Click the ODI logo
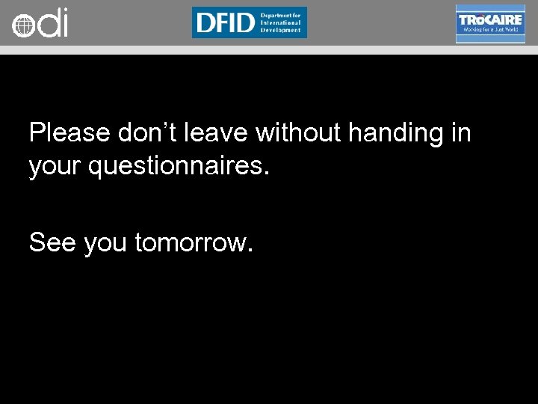tap(40, 24)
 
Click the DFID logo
tap(249, 22)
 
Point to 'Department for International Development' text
tap(280, 22)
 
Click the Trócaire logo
tap(490, 23)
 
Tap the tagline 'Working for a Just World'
tap(490, 30)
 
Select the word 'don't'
tap(147, 133)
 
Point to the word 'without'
tap(298, 133)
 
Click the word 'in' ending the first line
tap(461, 133)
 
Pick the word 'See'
tap(52, 242)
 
